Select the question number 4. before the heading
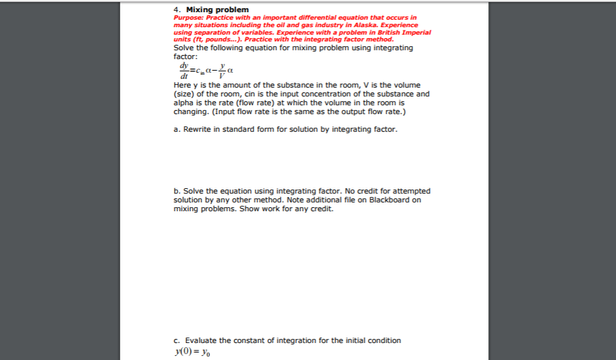177,9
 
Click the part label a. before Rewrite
177,128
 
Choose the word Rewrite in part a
197,128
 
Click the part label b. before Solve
177,191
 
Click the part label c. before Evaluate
177,340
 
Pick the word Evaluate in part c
200,340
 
